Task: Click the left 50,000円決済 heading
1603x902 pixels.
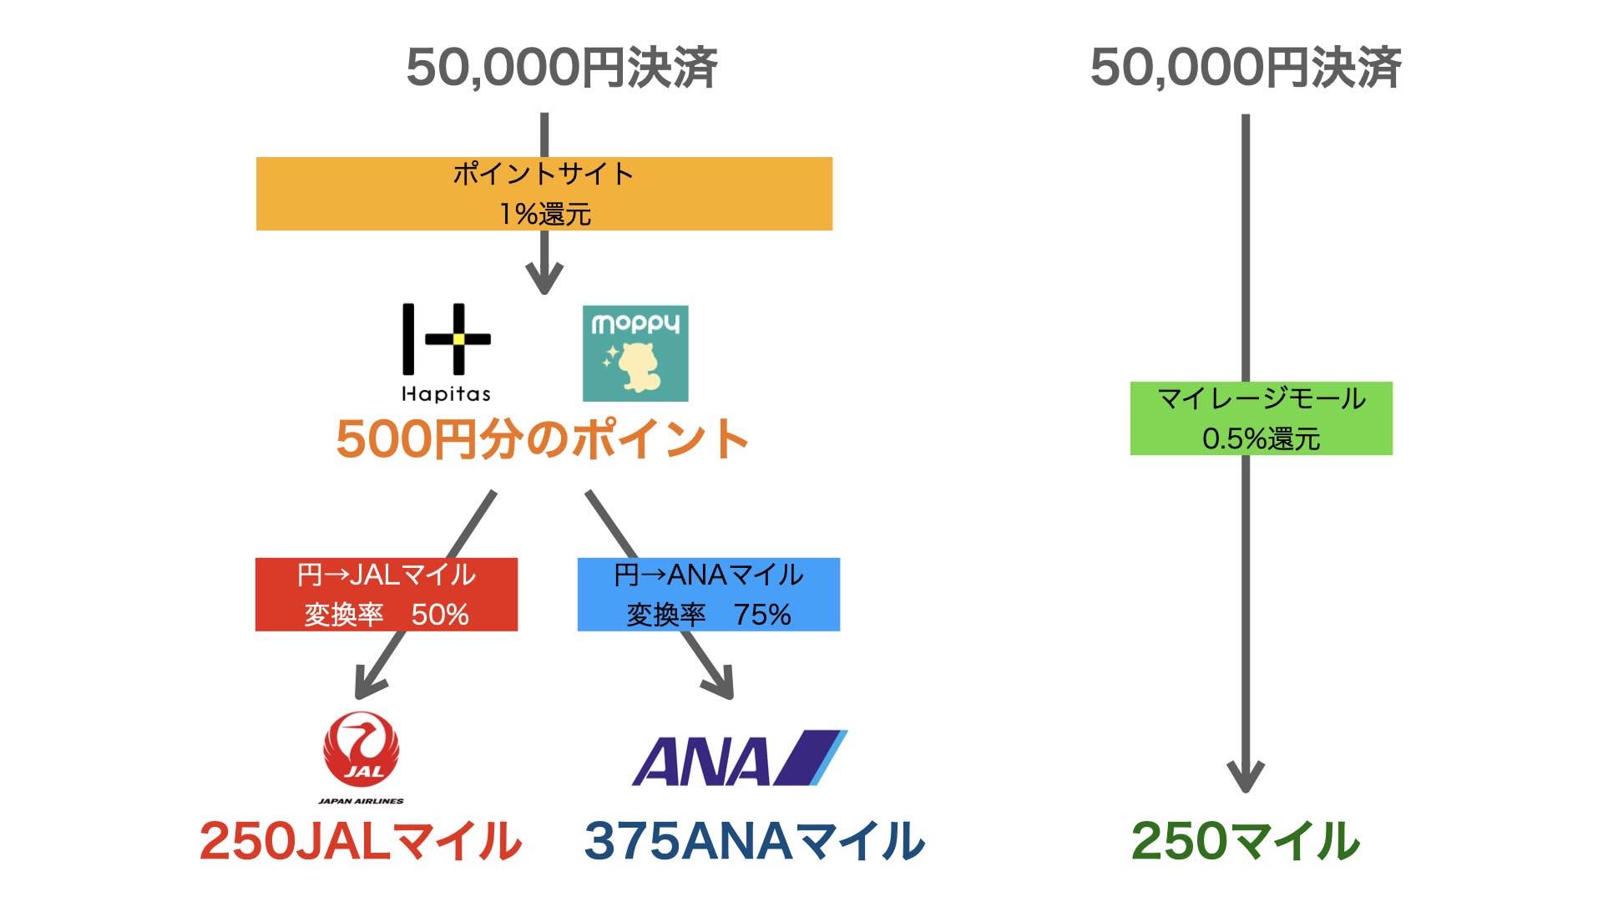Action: pos(561,68)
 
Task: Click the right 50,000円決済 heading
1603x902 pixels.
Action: pos(1245,68)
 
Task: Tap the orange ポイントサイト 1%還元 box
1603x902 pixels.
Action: pos(544,193)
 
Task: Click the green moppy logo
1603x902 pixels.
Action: pos(635,352)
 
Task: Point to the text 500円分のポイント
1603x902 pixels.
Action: pos(543,439)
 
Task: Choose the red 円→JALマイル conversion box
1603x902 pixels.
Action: pos(386,594)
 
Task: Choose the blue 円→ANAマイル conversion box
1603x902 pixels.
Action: pos(708,594)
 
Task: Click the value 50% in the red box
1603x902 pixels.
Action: pos(439,615)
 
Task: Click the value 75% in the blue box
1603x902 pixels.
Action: pos(761,615)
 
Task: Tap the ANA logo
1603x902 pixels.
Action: pos(738,758)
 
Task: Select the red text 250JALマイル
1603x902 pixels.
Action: pos(361,840)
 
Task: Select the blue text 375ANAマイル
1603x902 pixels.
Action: pos(754,840)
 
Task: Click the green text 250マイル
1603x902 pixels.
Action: pos(1245,840)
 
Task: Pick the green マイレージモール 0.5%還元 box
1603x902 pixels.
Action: pos(1261,418)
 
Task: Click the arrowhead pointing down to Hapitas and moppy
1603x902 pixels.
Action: pos(544,280)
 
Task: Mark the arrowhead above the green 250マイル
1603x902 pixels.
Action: pos(1245,777)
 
